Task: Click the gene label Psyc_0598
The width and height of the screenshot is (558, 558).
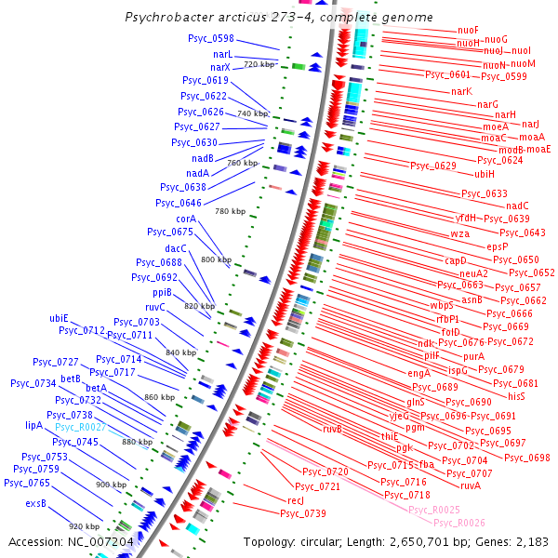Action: click(210, 39)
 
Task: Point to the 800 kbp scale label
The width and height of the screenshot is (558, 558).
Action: click(217, 259)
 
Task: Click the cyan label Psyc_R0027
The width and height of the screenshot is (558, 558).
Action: click(79, 427)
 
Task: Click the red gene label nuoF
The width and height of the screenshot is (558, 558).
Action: click(469, 31)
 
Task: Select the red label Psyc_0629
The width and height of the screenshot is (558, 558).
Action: click(433, 166)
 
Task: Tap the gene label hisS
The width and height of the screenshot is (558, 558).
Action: click(517, 396)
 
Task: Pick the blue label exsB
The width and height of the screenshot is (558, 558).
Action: click(36, 504)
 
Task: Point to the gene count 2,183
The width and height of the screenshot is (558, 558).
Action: click(530, 541)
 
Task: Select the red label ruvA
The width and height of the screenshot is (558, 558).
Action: click(471, 485)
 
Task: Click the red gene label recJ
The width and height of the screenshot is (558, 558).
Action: click(296, 500)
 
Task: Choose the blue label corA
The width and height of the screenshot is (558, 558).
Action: click(186, 219)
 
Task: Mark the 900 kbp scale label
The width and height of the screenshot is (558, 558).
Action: click(112, 485)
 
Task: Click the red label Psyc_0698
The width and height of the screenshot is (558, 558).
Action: click(527, 458)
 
